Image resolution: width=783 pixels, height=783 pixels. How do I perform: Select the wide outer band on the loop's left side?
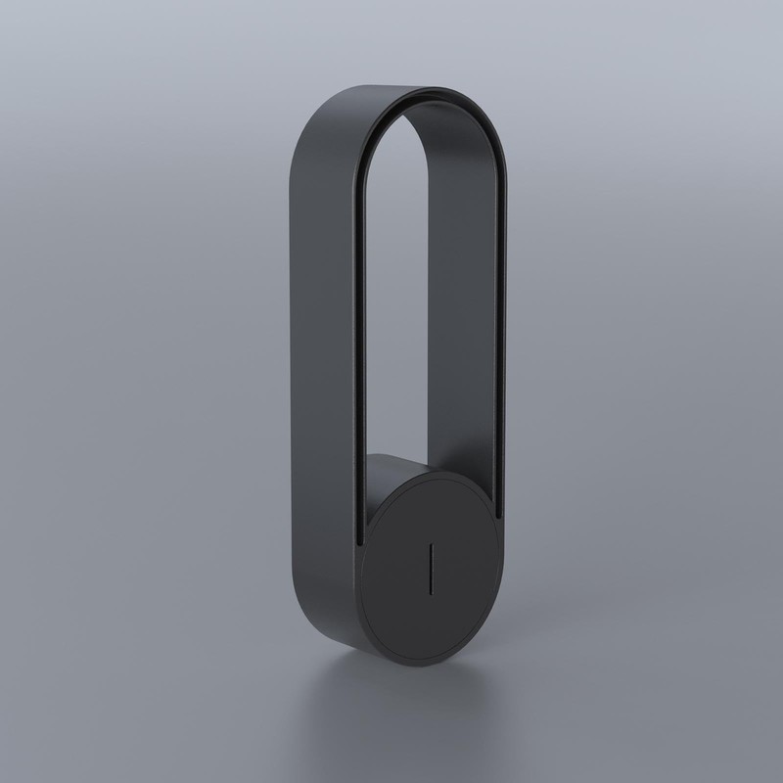point(320,391)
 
